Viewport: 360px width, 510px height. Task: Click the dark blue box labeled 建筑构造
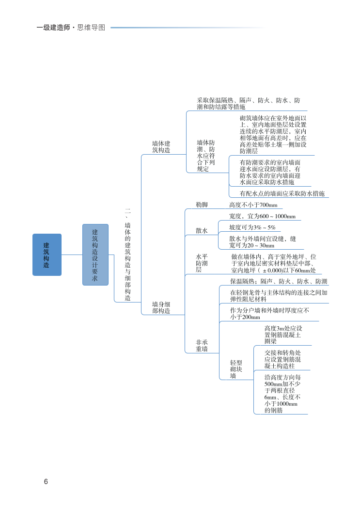coord(47,255)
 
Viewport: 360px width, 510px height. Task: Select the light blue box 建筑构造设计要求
coord(95,255)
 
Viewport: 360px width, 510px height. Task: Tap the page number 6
coord(46,481)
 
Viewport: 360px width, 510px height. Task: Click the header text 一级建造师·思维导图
coord(71,28)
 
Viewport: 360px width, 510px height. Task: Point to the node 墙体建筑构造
coord(161,147)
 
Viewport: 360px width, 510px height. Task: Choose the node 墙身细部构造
coord(161,307)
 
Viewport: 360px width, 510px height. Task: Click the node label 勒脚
coord(202,205)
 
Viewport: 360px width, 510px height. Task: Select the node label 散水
coord(202,231)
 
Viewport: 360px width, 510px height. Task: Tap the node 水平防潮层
coord(202,263)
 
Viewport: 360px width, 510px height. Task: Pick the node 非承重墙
coord(202,345)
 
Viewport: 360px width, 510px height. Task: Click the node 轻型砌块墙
coord(236,369)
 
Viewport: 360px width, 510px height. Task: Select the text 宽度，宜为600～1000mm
coord(262,216)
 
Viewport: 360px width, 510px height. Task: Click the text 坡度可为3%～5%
coord(252,227)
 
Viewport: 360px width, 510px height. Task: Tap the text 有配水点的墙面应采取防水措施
coord(282,193)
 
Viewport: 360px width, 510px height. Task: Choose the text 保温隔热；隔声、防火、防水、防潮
coord(279,281)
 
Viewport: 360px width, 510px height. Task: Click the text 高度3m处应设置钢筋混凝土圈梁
coord(283,335)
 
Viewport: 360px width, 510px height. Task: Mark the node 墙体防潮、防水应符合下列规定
coord(205,156)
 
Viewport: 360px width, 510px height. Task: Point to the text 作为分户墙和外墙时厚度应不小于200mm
coord(269,314)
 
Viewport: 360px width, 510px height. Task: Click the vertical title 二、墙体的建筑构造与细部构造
coord(127,255)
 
